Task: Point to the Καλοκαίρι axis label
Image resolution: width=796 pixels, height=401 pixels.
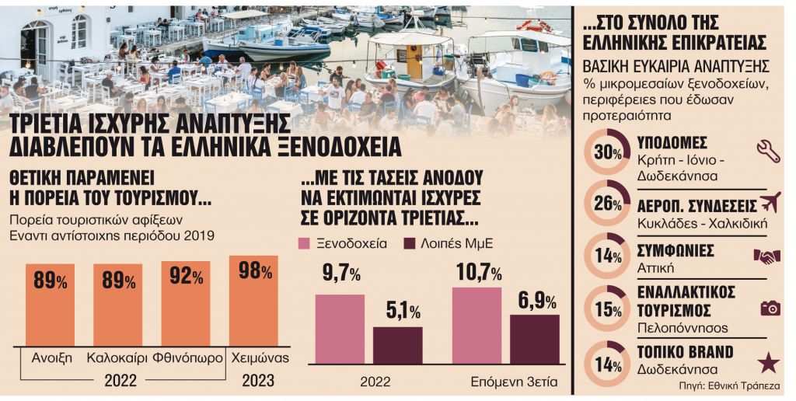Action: [118, 358]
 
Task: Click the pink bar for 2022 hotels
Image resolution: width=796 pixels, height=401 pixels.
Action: [339, 330]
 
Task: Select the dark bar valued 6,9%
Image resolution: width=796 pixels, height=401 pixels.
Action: [534, 339]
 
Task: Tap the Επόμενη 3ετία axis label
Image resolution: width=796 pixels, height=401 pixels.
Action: [506, 382]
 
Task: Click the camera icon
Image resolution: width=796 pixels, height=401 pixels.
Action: [770, 308]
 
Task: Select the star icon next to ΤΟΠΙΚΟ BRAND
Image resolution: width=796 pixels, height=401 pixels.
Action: [768, 361]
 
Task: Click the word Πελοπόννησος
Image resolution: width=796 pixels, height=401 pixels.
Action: [677, 327]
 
